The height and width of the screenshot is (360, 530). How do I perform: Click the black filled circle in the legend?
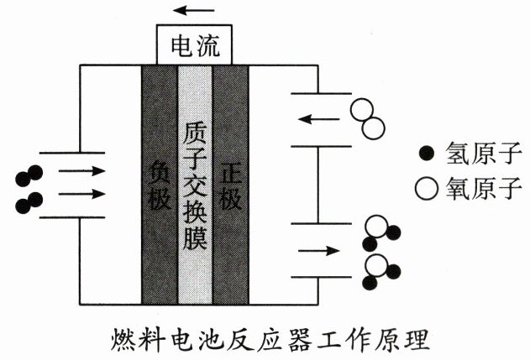point(428,153)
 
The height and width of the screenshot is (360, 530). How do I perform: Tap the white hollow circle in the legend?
point(428,187)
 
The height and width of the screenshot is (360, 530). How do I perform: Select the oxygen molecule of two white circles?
point(367,118)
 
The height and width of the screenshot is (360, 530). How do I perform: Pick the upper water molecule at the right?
point(380,232)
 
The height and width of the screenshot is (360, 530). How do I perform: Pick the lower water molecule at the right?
point(380,269)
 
